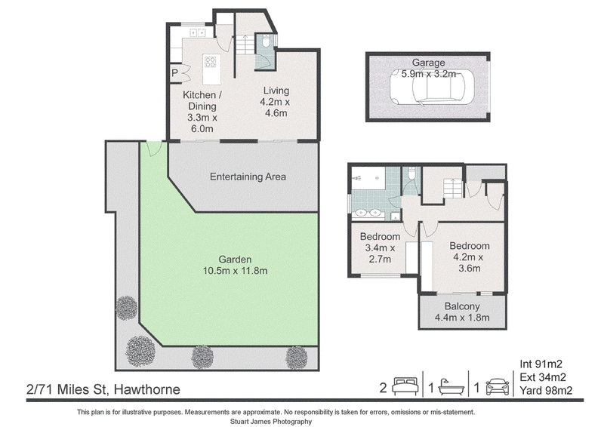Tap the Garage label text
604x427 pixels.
tap(428, 63)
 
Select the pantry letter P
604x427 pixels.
tap(174, 72)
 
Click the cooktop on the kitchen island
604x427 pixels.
tap(211, 62)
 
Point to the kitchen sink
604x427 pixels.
tap(197, 32)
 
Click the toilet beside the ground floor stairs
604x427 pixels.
tap(267, 41)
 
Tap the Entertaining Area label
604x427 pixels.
tap(248, 177)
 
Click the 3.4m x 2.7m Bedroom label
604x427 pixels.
tap(380, 247)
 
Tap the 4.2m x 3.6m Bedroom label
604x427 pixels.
tap(469, 257)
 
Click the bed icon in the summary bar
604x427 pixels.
tap(405, 386)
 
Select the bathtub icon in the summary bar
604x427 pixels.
tap(451, 387)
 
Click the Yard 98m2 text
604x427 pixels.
tap(546, 391)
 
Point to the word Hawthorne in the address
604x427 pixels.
tap(147, 389)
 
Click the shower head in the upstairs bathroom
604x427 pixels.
tap(358, 178)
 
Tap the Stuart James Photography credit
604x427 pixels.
tap(271, 422)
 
